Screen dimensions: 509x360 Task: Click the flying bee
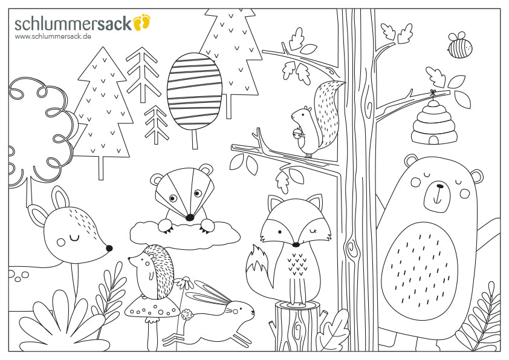point(460,45)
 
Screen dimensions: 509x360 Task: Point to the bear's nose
point(439,186)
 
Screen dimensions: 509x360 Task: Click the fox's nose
point(296,244)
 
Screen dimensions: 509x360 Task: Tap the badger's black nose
point(190,217)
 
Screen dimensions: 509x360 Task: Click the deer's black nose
point(109,248)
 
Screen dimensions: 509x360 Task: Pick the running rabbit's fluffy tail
point(187,315)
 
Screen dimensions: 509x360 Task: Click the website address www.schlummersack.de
point(53,36)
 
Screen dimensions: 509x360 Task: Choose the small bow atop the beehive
point(432,93)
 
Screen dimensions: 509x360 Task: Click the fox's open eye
point(279,232)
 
